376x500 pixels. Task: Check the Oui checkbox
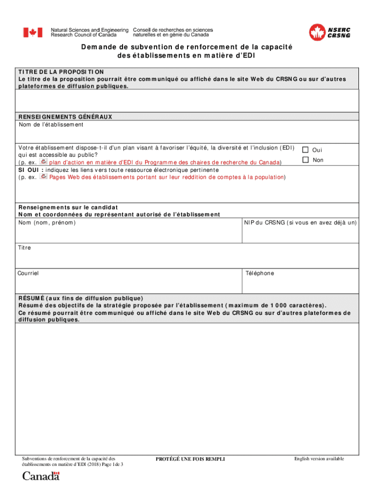pyautogui.click(x=306, y=150)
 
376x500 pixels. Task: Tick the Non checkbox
pyautogui.click(x=306, y=160)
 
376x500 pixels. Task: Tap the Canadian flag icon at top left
pyautogui.click(x=32, y=33)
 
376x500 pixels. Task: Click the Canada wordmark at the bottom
pyautogui.click(x=41, y=476)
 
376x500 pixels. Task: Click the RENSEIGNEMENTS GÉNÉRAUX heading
pyautogui.click(x=65, y=117)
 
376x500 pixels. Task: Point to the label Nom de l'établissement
pyautogui.click(x=51, y=125)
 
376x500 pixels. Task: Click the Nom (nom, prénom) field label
pyautogui.click(x=47, y=223)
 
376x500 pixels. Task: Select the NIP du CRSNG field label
pyautogui.click(x=300, y=223)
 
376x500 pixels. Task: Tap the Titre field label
pyautogui.click(x=24, y=248)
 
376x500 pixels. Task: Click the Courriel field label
pyautogui.click(x=28, y=273)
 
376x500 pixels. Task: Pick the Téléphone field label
pyautogui.click(x=260, y=273)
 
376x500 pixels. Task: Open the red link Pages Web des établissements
pyautogui.click(x=167, y=177)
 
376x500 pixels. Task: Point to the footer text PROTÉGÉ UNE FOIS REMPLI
pyautogui.click(x=190, y=459)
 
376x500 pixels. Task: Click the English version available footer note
pyautogui.click(x=319, y=458)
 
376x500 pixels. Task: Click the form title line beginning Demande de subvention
pyautogui.click(x=188, y=47)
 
